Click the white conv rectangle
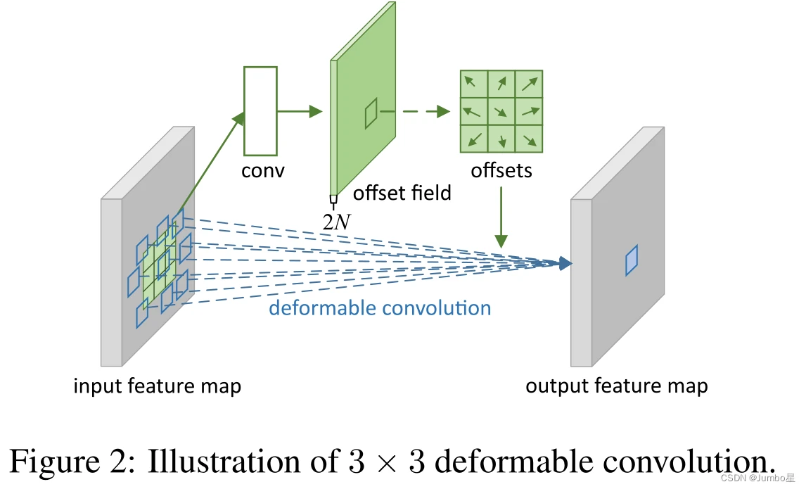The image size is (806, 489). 260,110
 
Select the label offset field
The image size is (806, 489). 402,192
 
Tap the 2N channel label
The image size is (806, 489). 336,222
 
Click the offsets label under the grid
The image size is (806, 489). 501,170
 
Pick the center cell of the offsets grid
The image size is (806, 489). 501,111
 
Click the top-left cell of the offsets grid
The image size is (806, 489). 474,84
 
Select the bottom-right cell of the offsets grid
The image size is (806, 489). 529,139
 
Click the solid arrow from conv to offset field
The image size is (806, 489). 299,111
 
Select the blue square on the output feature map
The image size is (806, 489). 632,260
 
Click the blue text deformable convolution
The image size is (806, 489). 380,308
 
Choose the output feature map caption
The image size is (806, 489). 617,386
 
